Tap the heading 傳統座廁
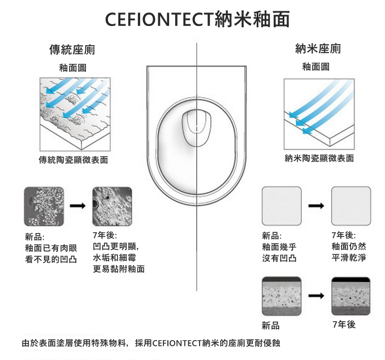(x=72, y=50)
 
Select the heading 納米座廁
(x=318, y=49)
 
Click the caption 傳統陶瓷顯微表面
(x=72, y=159)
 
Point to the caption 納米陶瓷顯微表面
(x=319, y=158)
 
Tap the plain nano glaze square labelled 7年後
(x=351, y=206)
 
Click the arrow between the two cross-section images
(x=316, y=296)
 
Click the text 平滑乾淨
(x=348, y=258)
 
